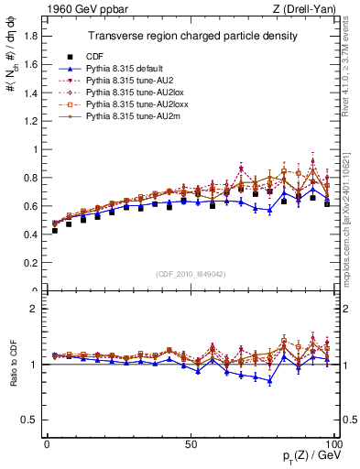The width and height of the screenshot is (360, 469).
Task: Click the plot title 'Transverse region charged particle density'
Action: tap(191, 36)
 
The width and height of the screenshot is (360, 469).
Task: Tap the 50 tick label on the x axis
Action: tap(191, 442)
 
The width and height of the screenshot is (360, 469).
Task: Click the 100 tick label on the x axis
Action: tap(333, 442)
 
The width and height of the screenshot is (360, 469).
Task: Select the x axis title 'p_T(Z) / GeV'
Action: tap(311, 457)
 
